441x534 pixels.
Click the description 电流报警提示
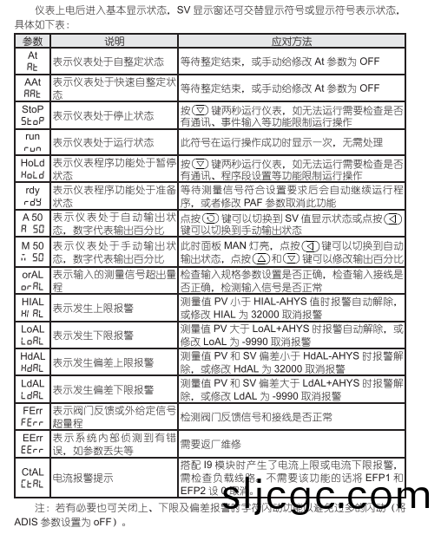tap(86, 477)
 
